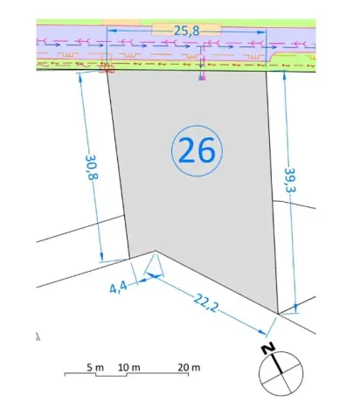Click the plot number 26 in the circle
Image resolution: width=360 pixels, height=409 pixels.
point(197,150)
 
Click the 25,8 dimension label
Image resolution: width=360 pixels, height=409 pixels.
point(187,31)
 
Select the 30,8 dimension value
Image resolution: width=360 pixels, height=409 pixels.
point(92,167)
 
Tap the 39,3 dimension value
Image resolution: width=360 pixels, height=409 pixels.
point(290,180)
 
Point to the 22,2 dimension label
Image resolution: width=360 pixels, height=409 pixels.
point(206,302)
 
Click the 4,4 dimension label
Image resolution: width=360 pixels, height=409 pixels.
point(118,288)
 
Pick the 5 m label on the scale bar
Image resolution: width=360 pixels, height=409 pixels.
point(95,367)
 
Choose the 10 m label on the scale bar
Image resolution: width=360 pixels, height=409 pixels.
point(129,367)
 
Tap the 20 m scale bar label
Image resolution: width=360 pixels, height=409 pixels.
point(189,367)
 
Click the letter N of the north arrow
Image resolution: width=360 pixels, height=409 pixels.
point(268,349)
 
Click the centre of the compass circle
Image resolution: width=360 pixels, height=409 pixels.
point(281,373)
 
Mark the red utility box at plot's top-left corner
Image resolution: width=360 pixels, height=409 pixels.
point(106,68)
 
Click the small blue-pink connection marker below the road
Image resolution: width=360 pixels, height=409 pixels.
point(202,78)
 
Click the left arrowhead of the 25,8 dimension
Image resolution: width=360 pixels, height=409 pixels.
point(112,30)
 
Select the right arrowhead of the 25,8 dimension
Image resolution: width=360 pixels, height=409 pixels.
point(261,31)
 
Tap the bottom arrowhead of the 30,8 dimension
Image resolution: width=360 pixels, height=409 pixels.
point(101,257)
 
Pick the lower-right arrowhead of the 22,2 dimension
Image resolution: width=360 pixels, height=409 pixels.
point(261,331)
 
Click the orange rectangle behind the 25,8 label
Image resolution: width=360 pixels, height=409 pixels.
point(186,30)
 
